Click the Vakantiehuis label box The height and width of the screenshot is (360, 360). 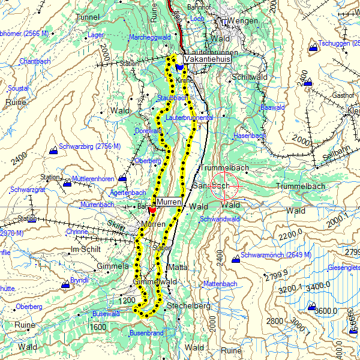coord(208,60)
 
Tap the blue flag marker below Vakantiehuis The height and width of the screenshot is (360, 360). coord(179,68)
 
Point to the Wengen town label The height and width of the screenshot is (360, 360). coord(244,22)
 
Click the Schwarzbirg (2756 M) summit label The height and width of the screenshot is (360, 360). coord(91,146)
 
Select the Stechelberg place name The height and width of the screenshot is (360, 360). coord(190,306)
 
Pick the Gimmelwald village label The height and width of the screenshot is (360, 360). coord(155,282)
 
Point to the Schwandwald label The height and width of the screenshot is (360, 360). coord(220,220)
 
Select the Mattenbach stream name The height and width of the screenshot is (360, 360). coord(220,283)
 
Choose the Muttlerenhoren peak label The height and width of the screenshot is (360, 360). coord(93,179)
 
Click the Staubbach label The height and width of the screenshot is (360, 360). coord(172,97)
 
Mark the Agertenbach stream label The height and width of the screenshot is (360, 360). coord(128,193)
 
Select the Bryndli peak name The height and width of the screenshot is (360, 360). coord(79,280)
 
